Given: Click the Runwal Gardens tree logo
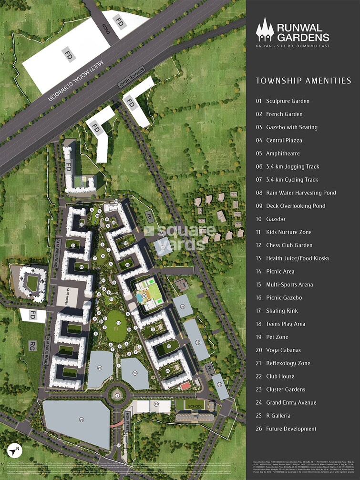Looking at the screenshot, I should [x=265, y=29].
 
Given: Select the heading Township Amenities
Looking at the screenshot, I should [x=303, y=81].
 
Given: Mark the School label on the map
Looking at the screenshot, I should [x=195, y=406].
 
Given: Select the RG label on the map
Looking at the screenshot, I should [x=32, y=344].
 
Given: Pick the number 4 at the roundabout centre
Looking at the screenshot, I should [x=117, y=395].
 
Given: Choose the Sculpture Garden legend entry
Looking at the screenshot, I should [x=282, y=101].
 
